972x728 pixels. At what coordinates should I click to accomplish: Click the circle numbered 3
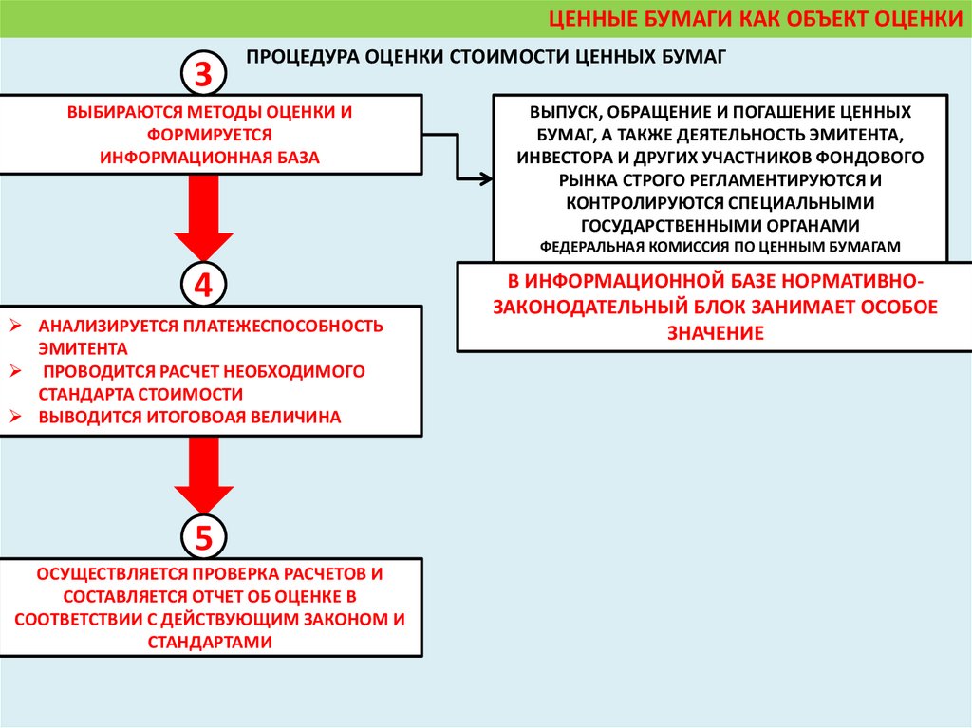(203, 75)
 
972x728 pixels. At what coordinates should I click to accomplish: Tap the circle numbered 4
(203, 284)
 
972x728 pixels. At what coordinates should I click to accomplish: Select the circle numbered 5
(203, 537)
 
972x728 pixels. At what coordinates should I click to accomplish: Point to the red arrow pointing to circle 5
(203, 475)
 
